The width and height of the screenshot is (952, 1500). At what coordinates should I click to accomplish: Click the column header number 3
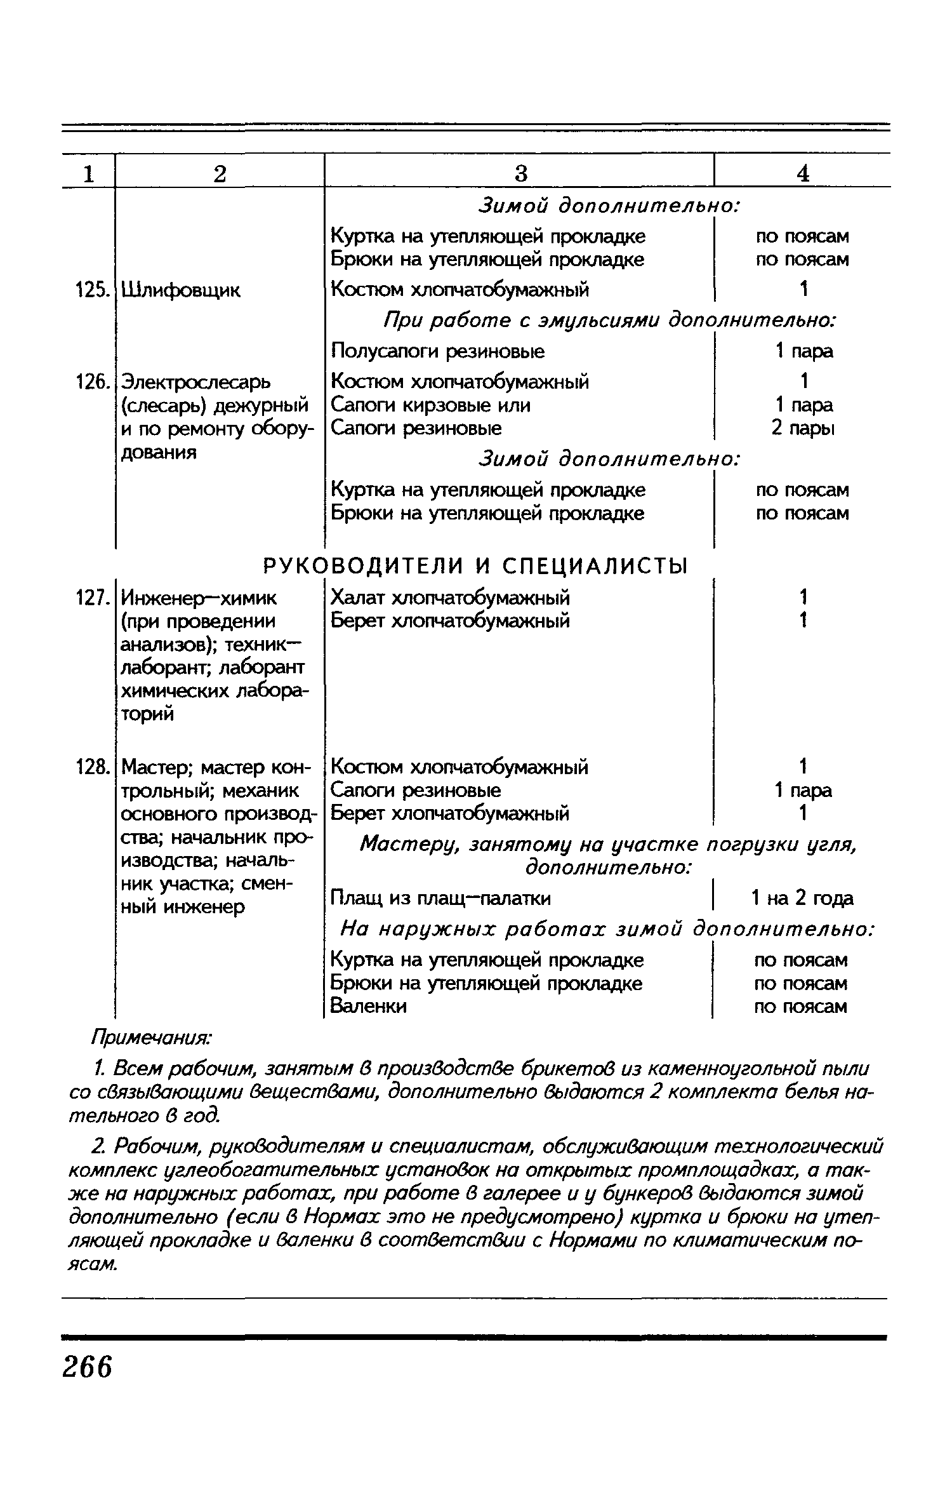tap(520, 173)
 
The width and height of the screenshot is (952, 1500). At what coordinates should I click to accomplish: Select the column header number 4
tap(803, 173)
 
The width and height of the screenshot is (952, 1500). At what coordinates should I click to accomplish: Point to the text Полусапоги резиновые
tap(438, 351)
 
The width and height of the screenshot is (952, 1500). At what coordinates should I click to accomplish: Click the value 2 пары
tap(803, 429)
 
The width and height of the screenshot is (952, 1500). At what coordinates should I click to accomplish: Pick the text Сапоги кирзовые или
tap(431, 405)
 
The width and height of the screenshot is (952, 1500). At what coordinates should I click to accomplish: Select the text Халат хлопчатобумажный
tap(451, 598)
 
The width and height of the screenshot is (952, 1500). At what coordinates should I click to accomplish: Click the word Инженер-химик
tap(199, 598)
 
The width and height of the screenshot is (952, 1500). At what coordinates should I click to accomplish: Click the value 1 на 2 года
tap(802, 898)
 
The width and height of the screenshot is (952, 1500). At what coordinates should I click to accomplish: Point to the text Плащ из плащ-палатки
tap(441, 898)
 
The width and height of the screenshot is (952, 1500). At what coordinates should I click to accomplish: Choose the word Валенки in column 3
tap(369, 1006)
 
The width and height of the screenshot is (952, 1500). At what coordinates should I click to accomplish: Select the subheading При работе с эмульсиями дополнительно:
tap(609, 321)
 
